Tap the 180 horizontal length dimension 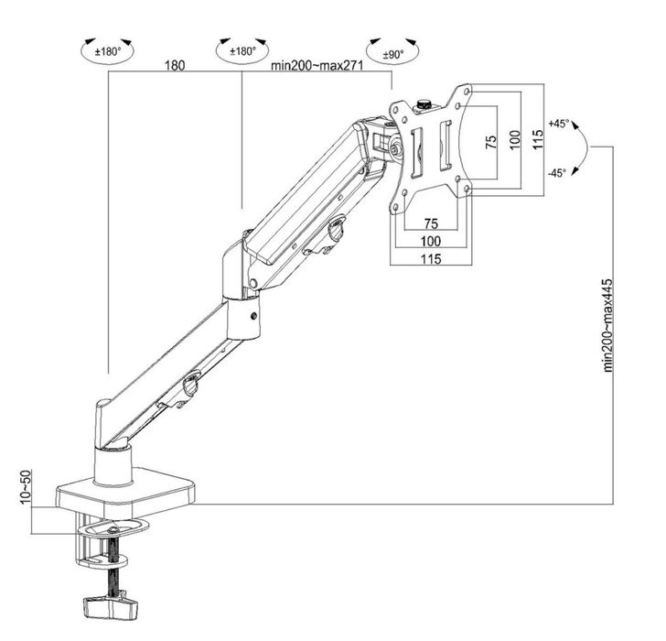176,66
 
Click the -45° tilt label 557,172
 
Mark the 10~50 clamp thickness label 25,485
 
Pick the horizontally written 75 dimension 430,223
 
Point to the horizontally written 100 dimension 430,241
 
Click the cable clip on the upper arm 335,228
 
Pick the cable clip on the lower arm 190,386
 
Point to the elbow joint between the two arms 241,275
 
